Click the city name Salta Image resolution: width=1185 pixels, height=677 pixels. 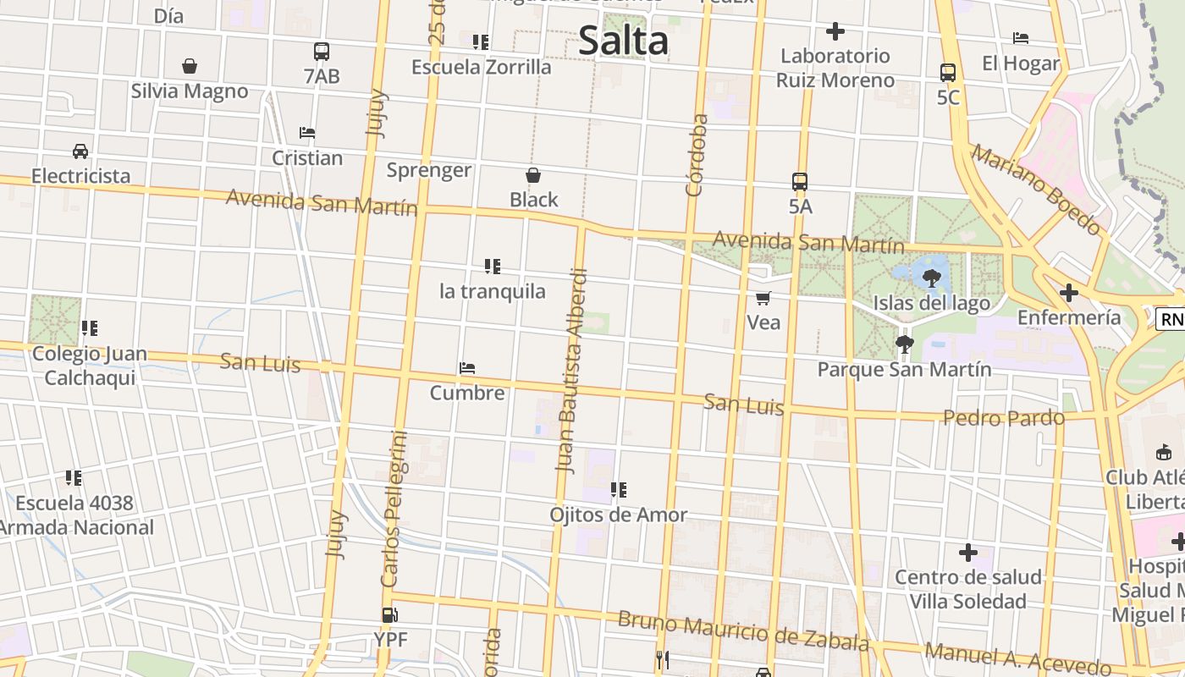pyautogui.click(x=623, y=41)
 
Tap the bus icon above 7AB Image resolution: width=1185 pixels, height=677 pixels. pyautogui.click(x=322, y=52)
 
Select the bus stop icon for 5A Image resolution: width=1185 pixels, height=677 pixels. pyautogui.click(x=800, y=181)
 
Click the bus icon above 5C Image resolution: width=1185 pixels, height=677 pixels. pyautogui.click(x=948, y=73)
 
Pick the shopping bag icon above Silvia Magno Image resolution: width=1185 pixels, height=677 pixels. pyautogui.click(x=190, y=66)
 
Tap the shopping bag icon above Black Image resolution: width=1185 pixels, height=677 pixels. pyautogui.click(x=533, y=175)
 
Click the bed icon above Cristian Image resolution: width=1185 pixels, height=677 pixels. pyautogui.click(x=307, y=133)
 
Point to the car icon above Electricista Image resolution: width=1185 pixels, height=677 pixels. pyautogui.click(x=80, y=151)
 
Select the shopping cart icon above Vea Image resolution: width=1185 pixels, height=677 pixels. pyautogui.click(x=763, y=298)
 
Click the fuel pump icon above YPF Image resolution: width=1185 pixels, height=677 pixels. pyautogui.click(x=389, y=615)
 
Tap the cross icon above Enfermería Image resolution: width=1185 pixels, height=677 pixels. pyautogui.click(x=1069, y=293)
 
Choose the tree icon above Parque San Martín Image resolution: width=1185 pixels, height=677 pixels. pyautogui.click(x=904, y=344)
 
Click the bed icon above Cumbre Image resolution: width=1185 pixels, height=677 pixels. pyautogui.click(x=467, y=368)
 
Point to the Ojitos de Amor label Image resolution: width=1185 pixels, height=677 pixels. pyautogui.click(x=618, y=515)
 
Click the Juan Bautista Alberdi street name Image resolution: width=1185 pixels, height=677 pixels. pyautogui.click(x=571, y=370)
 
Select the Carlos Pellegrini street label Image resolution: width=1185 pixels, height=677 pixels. pyautogui.click(x=394, y=509)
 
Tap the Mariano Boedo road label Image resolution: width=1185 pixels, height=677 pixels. pyautogui.click(x=1037, y=190)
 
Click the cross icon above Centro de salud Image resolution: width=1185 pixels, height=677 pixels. pyautogui.click(x=968, y=553)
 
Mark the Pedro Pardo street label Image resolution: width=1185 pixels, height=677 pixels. pyautogui.click(x=1004, y=418)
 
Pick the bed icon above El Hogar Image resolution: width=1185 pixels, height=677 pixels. pyautogui.click(x=1021, y=38)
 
